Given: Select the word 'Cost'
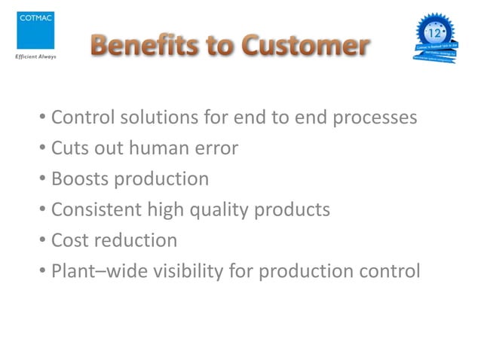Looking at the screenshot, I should point(67,240).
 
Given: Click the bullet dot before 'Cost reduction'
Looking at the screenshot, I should point(43,241).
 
